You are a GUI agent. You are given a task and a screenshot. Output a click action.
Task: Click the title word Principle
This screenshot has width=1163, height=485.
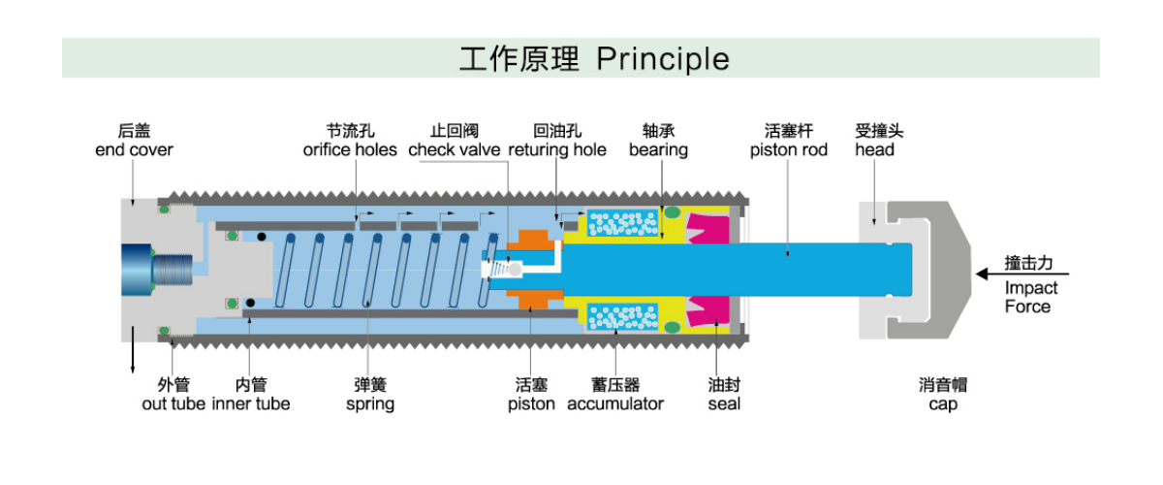tap(663, 59)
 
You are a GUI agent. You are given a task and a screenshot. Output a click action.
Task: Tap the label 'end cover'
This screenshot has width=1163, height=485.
tap(134, 149)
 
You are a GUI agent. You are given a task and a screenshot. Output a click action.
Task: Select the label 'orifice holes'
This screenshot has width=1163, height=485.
tap(350, 149)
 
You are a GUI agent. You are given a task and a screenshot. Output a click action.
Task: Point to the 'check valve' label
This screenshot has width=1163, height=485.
tap(454, 149)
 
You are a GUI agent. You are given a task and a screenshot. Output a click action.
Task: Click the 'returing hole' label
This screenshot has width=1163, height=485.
tap(557, 149)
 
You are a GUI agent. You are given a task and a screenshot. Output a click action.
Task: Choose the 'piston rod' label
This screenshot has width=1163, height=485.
tap(789, 149)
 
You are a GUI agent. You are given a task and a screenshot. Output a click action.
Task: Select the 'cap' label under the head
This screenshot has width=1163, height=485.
tap(943, 404)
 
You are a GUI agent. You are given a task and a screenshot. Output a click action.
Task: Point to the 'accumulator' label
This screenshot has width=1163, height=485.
tap(615, 404)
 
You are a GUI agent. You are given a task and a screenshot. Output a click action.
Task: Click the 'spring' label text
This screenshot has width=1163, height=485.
tap(370, 404)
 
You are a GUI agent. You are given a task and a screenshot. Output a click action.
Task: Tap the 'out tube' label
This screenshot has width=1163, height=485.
tap(173, 404)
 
